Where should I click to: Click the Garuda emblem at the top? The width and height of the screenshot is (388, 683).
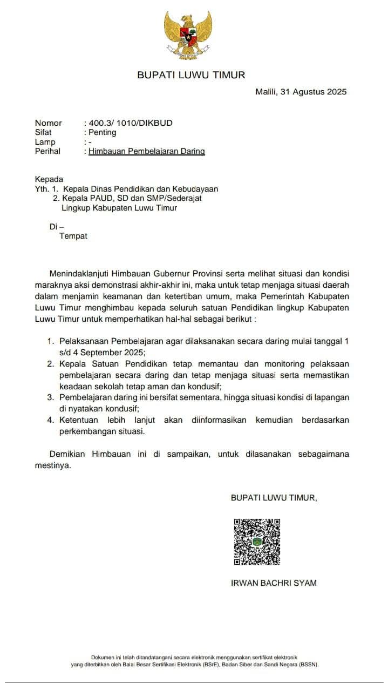[x=188, y=35]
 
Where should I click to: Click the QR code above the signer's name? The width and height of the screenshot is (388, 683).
[x=257, y=542]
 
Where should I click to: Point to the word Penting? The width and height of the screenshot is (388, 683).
[x=103, y=132]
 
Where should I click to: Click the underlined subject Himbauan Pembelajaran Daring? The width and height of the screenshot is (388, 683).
[x=147, y=152]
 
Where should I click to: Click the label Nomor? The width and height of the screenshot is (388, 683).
[x=49, y=123]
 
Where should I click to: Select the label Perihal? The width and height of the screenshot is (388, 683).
[x=47, y=152]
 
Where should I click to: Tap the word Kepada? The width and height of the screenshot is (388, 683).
[x=49, y=179]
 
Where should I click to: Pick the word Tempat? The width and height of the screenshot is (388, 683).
[x=73, y=236]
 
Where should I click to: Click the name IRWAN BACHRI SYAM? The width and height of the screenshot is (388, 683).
[x=274, y=583]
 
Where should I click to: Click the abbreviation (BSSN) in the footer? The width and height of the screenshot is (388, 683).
[x=308, y=665]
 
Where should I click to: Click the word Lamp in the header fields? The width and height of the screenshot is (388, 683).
[x=45, y=142]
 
